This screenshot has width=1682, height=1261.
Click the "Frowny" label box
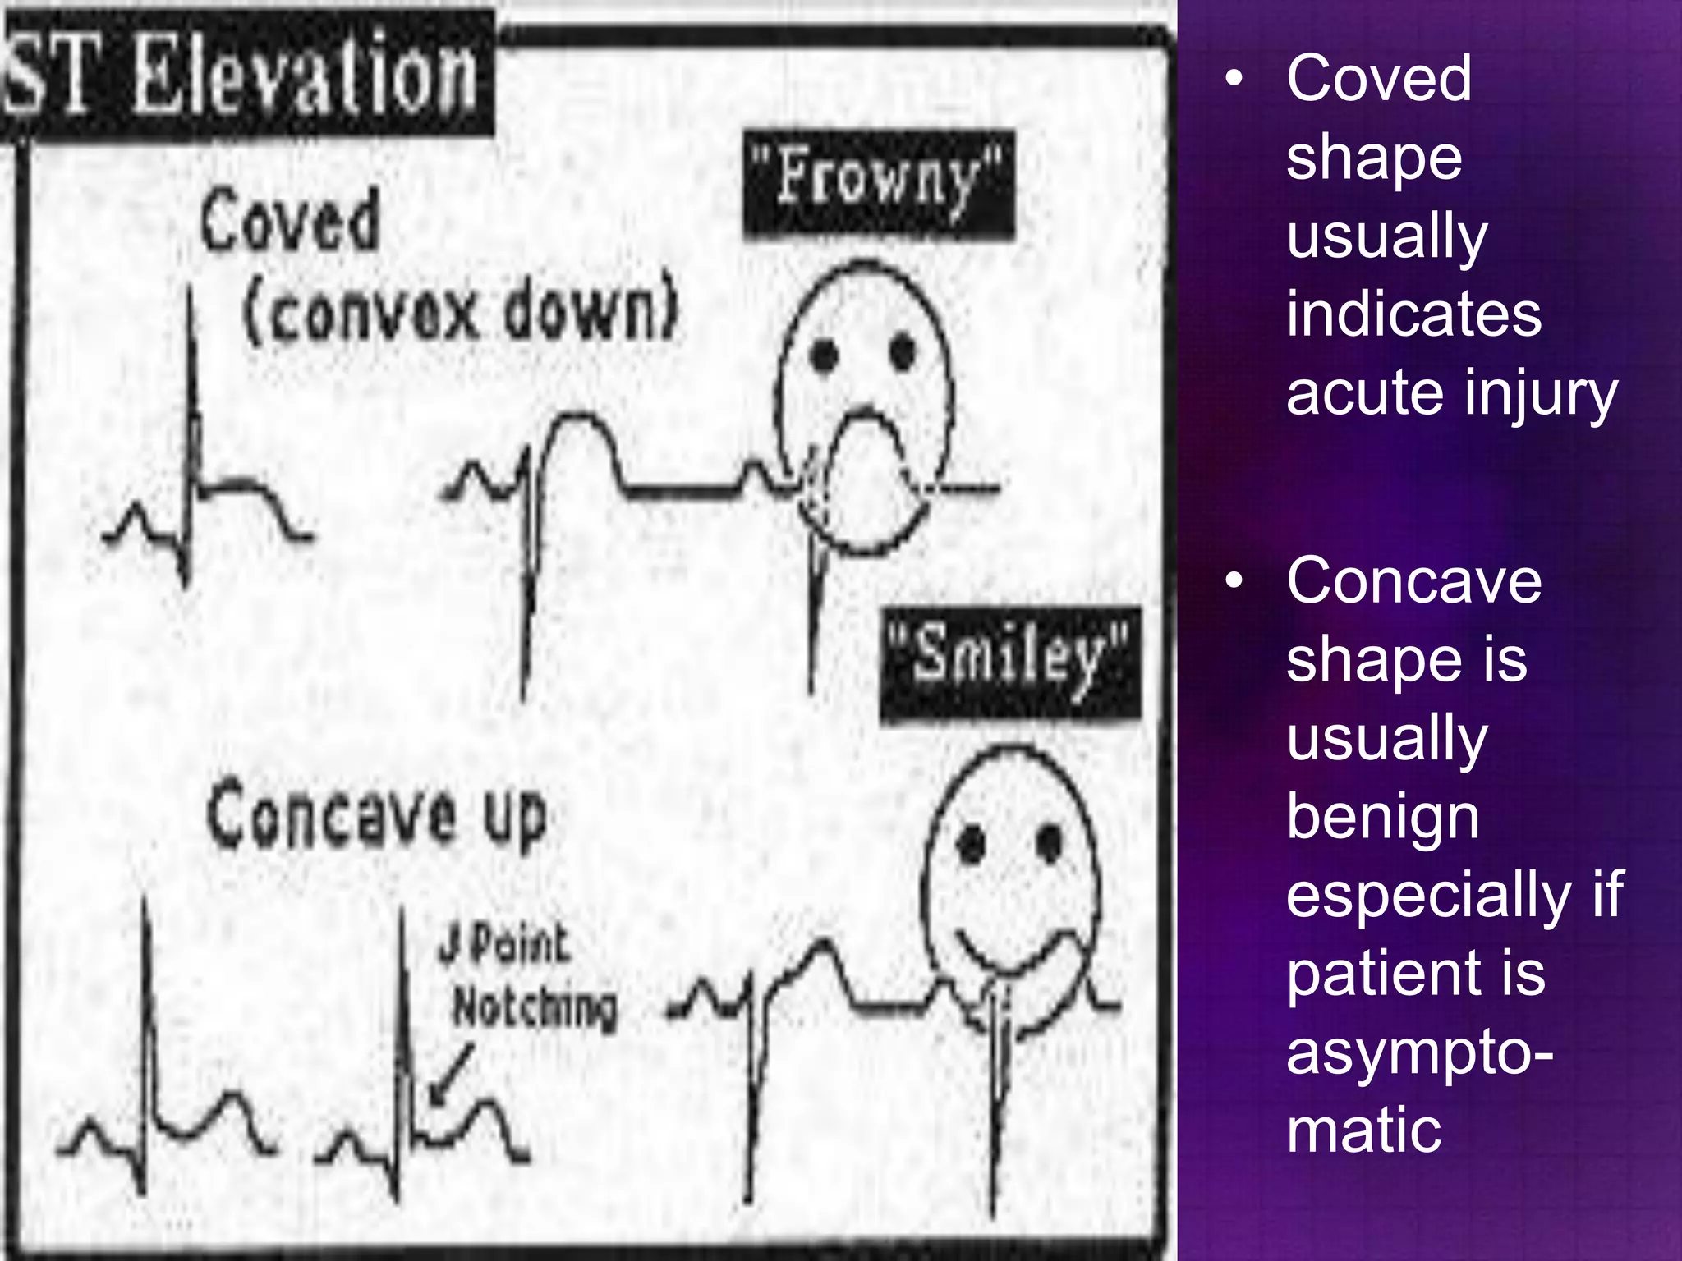879,184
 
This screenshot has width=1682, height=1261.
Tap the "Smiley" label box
1010,665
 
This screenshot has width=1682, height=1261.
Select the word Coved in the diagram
290,220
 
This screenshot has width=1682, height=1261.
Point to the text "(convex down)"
461,311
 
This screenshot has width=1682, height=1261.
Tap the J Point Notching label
526,977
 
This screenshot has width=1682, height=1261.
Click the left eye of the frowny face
824,355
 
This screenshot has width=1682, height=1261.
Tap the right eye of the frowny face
902,353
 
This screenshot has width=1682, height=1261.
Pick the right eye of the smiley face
1049,842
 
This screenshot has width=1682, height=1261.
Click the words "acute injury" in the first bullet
1451,394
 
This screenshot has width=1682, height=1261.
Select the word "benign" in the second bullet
1383,817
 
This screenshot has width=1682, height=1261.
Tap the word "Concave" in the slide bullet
1413,581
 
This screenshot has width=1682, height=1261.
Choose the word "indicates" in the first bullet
1413,315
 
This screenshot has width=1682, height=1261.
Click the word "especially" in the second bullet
1427,894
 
